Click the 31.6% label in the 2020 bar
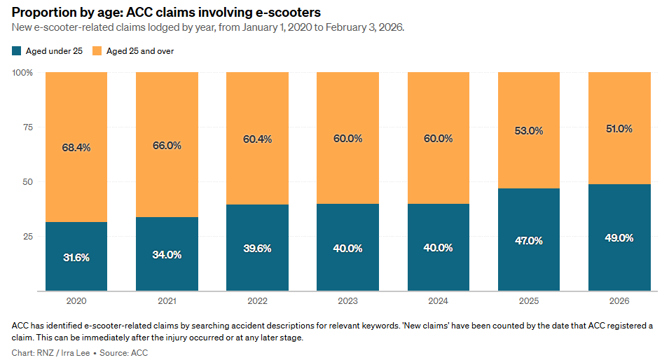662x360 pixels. (x=76, y=258)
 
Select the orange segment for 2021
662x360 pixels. (x=167, y=112)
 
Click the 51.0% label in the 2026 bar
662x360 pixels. (x=619, y=129)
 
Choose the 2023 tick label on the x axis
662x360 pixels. (x=347, y=300)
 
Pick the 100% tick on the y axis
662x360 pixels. (x=23, y=73)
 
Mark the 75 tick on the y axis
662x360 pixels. (x=27, y=127)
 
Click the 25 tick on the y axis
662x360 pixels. (x=27, y=237)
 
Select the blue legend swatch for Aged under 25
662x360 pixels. (x=16, y=51)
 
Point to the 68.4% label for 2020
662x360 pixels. (x=76, y=148)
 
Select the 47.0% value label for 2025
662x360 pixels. (x=529, y=240)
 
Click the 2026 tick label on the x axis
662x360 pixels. (x=619, y=300)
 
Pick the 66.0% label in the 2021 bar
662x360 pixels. (x=167, y=146)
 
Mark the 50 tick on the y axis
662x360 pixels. (x=27, y=182)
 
